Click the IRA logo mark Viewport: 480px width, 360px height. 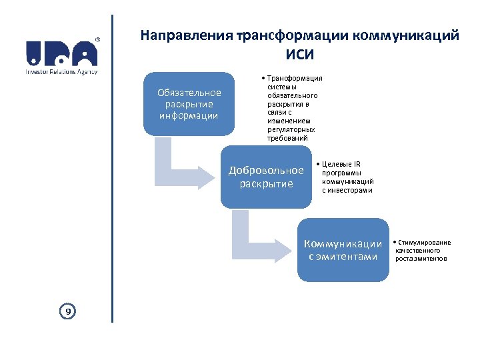61,53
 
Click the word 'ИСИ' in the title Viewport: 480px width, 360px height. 299,54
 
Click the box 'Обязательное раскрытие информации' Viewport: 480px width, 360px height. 189,104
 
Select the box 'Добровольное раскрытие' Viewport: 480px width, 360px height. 265,177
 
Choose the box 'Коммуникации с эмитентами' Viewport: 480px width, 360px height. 343,249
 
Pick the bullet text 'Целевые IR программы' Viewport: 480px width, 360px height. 347,177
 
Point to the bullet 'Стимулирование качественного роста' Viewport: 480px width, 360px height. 423,250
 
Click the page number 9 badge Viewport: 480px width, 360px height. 67,310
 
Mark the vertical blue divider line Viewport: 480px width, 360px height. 112,167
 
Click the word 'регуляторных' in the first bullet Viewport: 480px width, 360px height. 291,130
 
